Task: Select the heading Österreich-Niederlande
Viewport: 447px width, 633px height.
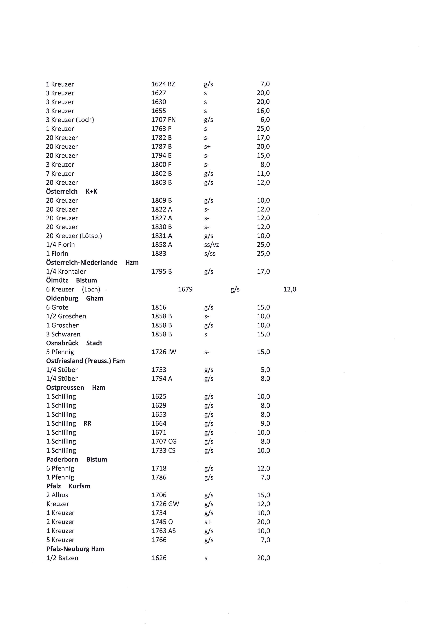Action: [81, 262]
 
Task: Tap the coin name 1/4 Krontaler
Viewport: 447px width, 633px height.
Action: [66, 272]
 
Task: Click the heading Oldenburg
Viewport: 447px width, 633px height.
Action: [62, 298]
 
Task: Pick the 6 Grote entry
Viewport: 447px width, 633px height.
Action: [57, 307]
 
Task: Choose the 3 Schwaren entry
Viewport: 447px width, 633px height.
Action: [63, 334]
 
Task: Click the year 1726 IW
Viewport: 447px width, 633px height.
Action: [164, 352]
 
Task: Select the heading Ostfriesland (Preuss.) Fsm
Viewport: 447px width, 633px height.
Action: [85, 361]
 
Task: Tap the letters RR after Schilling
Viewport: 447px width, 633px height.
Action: [88, 423]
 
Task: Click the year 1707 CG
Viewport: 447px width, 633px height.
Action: [164, 441]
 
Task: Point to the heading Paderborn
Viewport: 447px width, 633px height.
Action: [62, 459]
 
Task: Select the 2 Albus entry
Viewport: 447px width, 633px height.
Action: [57, 495]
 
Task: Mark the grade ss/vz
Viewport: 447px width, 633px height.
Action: [211, 245]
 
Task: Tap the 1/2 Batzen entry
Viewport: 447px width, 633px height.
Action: [62, 558]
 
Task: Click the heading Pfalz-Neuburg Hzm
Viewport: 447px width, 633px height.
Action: [75, 549]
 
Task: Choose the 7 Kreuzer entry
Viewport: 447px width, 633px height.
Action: [60, 174]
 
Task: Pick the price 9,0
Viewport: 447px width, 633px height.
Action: [265, 423]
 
